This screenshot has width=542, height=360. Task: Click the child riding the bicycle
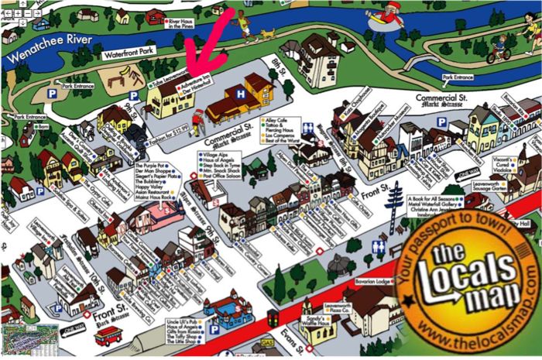point(500,49)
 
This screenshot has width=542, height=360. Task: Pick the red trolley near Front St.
point(108,334)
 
